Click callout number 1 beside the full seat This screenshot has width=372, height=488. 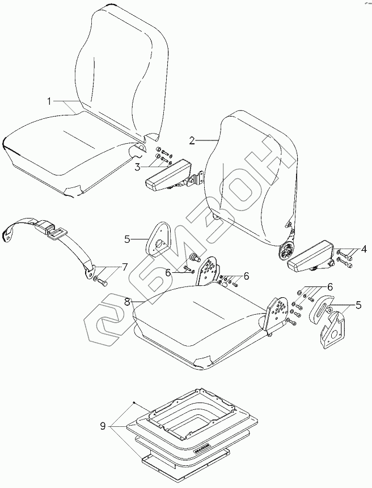(x=49, y=101)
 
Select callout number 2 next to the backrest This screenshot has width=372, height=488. (x=192, y=139)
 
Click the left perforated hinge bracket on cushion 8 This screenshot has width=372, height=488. (x=206, y=270)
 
